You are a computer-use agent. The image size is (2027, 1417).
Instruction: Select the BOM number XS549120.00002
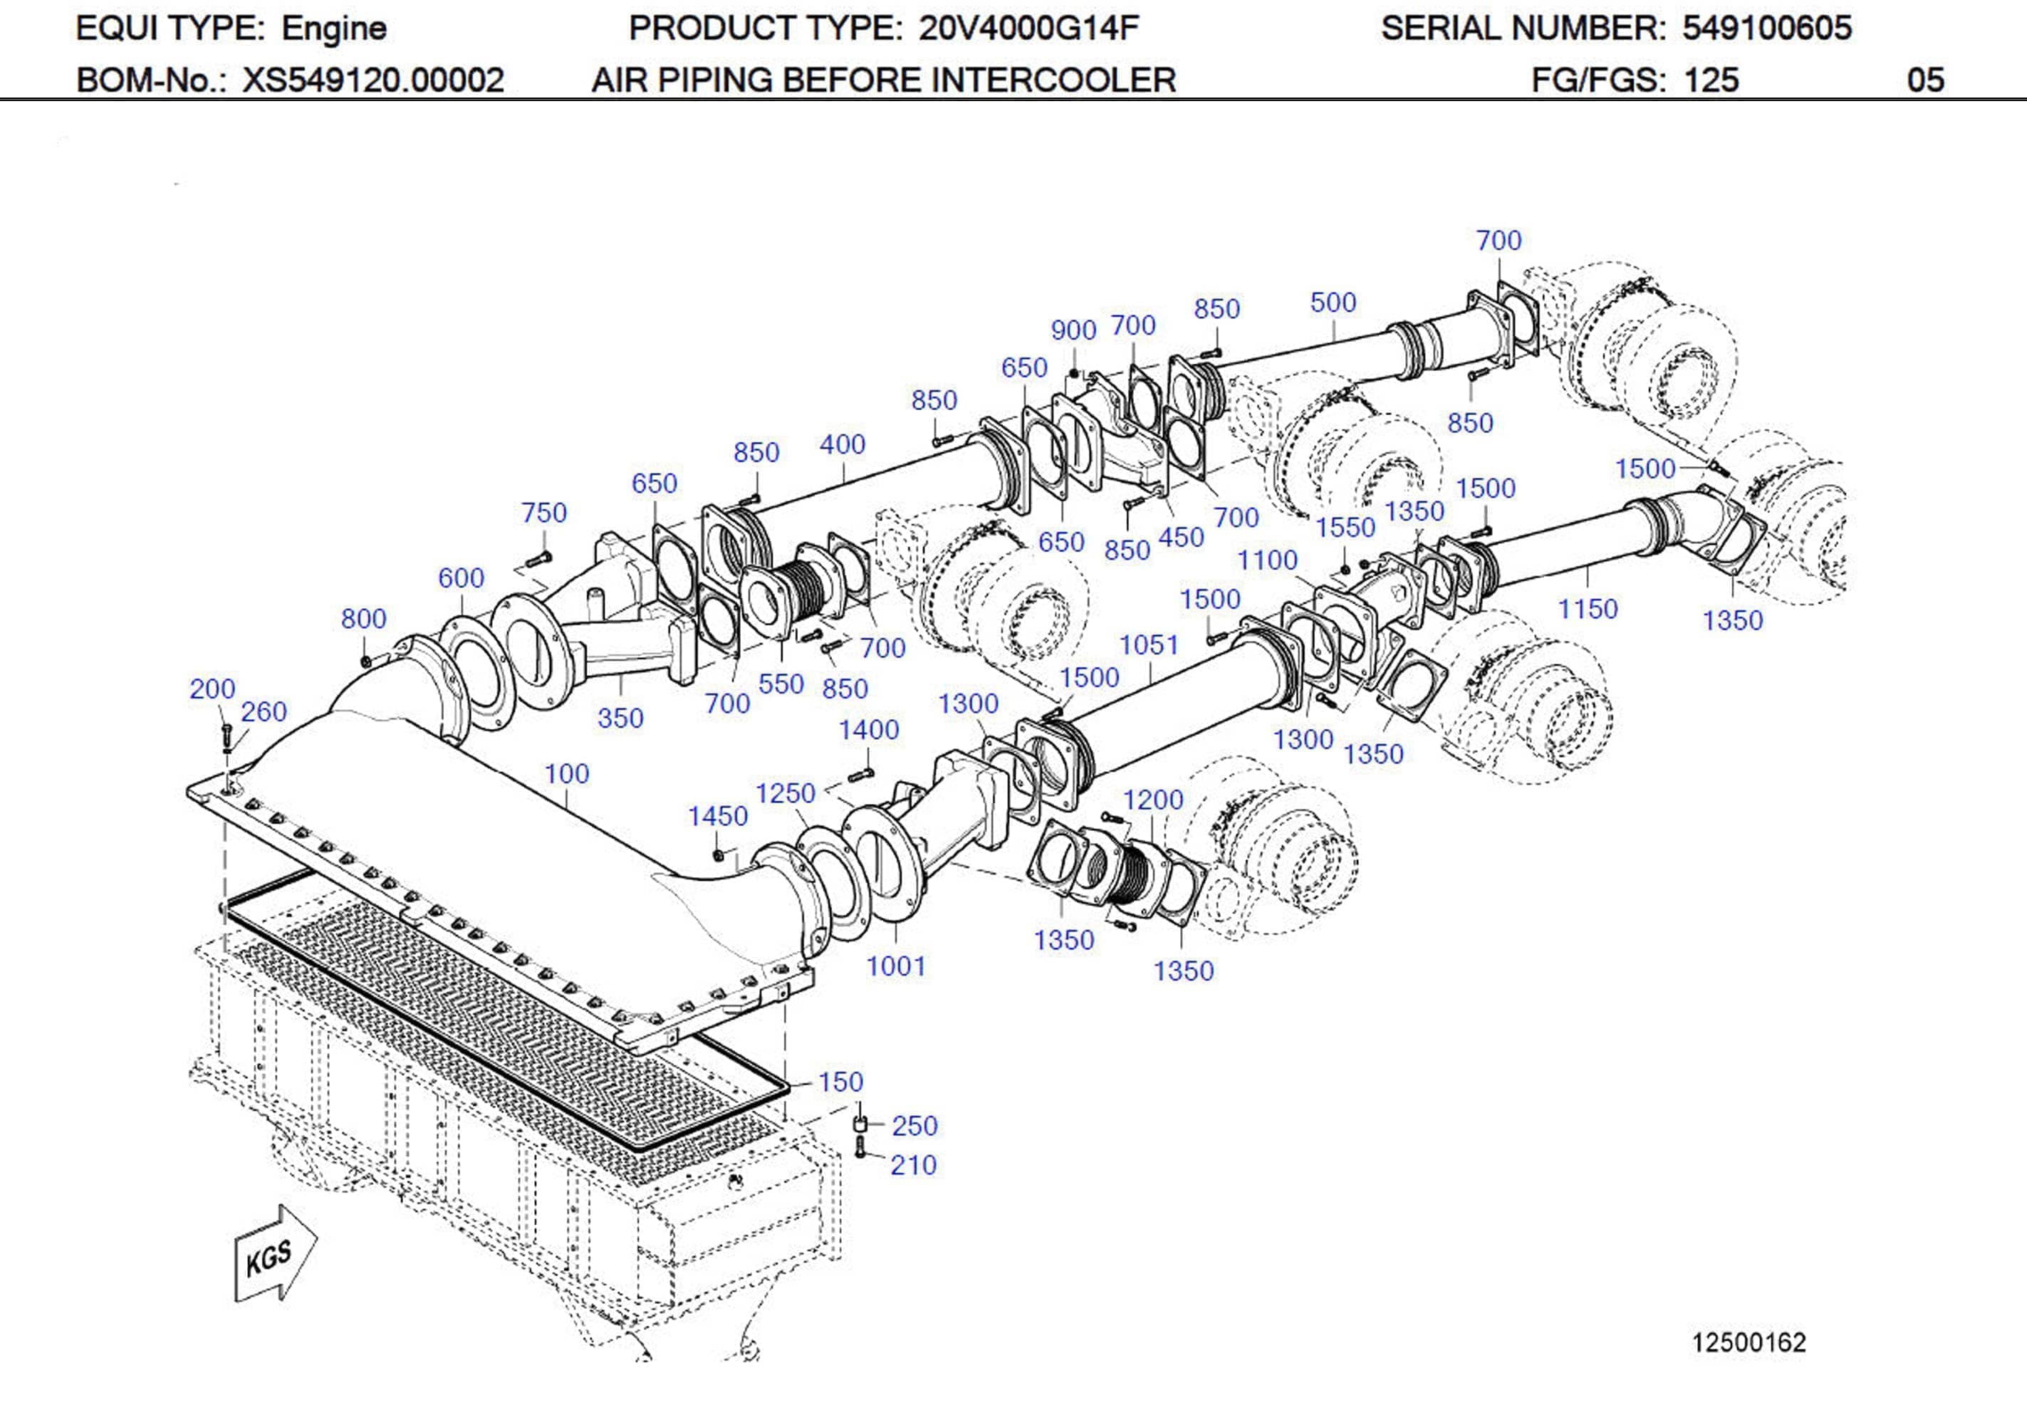click(x=372, y=80)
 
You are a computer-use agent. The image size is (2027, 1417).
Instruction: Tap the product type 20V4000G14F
click(x=1028, y=28)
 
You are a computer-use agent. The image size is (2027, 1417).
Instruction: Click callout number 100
click(x=566, y=773)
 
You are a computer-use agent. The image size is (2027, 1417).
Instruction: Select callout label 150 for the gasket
click(x=840, y=1082)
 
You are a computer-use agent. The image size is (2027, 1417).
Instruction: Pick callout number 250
click(x=914, y=1126)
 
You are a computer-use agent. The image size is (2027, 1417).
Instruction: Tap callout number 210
click(x=913, y=1166)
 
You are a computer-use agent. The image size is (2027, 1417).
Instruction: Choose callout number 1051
click(x=1149, y=645)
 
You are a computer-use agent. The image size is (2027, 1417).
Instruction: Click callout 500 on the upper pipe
click(x=1332, y=303)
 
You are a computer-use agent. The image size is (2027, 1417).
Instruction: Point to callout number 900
click(x=1073, y=330)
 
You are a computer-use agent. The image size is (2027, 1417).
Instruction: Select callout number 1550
click(x=1345, y=527)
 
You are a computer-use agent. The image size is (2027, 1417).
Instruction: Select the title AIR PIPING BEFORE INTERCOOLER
click(x=883, y=80)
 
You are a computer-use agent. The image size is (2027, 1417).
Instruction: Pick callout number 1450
click(x=717, y=816)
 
